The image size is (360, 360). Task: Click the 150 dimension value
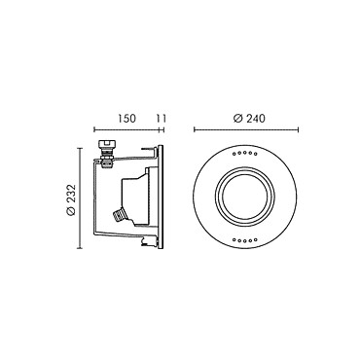[126, 119]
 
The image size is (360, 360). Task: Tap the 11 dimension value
[162, 119]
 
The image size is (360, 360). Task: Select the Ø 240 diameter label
[249, 119]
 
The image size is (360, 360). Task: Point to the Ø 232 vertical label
[71, 199]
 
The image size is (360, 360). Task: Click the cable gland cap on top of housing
[107, 144]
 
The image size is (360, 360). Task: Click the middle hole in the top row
[245, 154]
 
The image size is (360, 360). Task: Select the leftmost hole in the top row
[234, 155]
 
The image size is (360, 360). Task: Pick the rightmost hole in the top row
[256, 155]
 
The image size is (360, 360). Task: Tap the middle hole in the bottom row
[245, 241]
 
